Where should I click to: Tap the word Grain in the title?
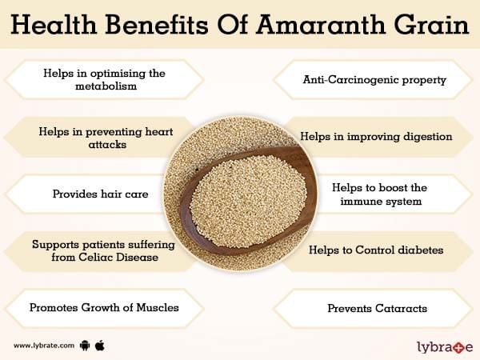pos(432,24)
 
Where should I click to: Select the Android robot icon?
pos(85,346)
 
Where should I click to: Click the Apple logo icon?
pos(100,346)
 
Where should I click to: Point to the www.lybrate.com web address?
pos(44,346)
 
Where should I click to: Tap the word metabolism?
pos(106,86)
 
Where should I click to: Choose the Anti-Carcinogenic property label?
pos(374,79)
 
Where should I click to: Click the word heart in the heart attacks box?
pos(159,132)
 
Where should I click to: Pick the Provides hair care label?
pos(101,194)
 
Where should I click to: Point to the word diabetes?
pos(421,250)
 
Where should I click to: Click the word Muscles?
pos(158,307)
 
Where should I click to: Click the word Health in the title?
pos(54,24)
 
